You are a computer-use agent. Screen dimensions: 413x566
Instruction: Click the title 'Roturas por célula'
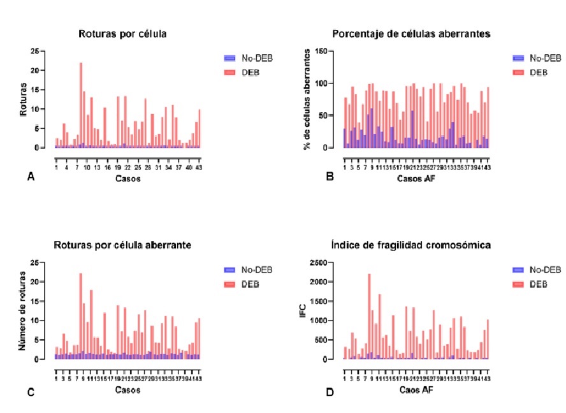tap(122, 33)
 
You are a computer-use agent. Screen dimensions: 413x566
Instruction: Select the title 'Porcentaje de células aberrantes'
tap(411, 33)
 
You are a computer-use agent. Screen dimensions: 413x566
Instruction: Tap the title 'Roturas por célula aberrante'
tap(123, 245)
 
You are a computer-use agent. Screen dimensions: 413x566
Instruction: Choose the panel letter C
tap(30, 392)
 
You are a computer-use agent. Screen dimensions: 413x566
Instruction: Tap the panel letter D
tap(330, 391)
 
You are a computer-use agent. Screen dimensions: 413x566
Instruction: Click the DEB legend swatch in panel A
tap(233, 72)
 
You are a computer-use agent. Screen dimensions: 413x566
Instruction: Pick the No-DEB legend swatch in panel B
tap(519, 57)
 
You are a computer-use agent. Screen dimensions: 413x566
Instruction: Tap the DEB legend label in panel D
tap(539, 284)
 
